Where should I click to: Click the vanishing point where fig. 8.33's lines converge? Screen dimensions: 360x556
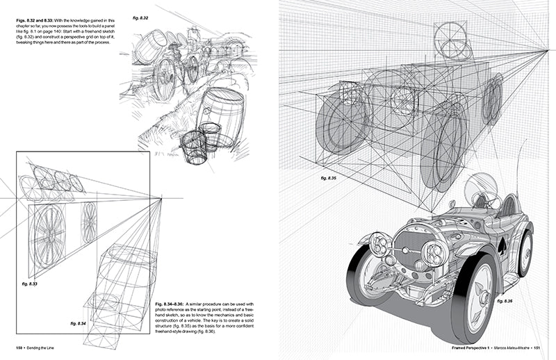[161, 199]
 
